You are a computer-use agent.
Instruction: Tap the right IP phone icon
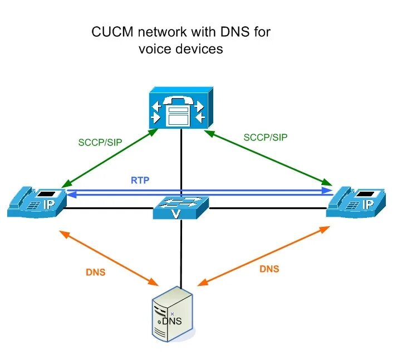[x=356, y=202]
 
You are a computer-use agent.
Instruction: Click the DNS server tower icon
[x=173, y=314]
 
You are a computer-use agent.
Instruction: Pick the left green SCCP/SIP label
[x=100, y=143]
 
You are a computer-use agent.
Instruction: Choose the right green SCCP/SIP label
[x=266, y=137]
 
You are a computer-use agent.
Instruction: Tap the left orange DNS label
[x=95, y=273]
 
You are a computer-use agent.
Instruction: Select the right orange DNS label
[x=269, y=269]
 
